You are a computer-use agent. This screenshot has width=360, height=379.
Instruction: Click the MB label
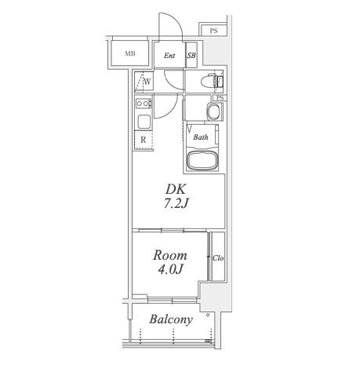(x=130, y=53)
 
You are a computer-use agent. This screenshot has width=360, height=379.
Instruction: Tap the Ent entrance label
(x=169, y=56)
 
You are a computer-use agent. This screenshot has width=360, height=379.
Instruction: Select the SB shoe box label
(x=191, y=56)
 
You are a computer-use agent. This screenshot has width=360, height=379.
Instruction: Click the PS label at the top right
(x=213, y=31)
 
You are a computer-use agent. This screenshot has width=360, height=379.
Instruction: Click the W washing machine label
(x=147, y=82)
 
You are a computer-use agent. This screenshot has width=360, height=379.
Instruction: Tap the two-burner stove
(x=144, y=104)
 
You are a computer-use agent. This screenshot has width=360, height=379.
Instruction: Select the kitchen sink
(x=144, y=122)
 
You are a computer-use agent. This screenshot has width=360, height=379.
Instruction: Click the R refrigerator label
(x=144, y=140)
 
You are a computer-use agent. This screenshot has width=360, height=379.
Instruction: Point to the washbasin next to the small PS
(x=214, y=111)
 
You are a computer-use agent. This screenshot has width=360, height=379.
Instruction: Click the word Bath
(x=201, y=137)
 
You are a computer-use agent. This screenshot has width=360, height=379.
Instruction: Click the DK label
(x=176, y=189)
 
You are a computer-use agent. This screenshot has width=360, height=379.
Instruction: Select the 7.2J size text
(x=176, y=203)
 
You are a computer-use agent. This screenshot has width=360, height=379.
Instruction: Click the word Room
(x=170, y=255)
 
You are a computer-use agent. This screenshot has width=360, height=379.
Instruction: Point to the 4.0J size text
(x=170, y=269)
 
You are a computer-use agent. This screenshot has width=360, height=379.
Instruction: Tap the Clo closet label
(x=218, y=258)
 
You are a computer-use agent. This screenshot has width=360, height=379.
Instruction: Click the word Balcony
(x=171, y=319)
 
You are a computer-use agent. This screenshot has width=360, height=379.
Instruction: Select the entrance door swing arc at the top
(x=175, y=20)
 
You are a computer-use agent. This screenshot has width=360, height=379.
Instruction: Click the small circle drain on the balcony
(x=208, y=315)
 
